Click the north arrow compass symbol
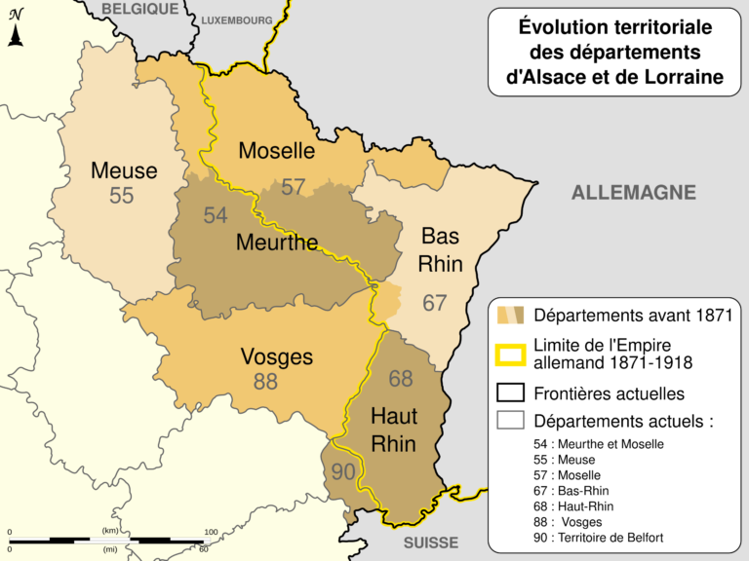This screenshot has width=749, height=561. coord(16,33)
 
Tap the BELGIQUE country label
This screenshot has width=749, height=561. coord(140,9)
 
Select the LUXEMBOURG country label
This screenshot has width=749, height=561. coord(237,19)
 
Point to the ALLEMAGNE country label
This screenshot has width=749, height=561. coord(633,193)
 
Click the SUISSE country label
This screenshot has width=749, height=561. coord(430,542)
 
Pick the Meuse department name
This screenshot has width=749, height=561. coord(124,171)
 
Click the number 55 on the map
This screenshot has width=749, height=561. coord(122,196)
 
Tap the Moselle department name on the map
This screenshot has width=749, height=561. coord(277,151)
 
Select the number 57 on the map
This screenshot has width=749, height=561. coord(293,187)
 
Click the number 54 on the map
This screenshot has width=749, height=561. coord(216,215)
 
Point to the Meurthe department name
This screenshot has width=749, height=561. coord(277,242)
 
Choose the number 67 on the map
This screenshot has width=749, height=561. coord(434,303)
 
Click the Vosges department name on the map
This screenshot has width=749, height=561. coord(277,356)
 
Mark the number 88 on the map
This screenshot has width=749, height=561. coord(265,382)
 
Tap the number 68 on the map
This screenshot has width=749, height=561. coord(401,379)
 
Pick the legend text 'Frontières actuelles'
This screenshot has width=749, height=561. coord(609,394)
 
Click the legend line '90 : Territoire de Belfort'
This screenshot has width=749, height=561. coord(611,538)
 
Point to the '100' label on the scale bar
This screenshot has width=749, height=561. coord(211,532)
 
